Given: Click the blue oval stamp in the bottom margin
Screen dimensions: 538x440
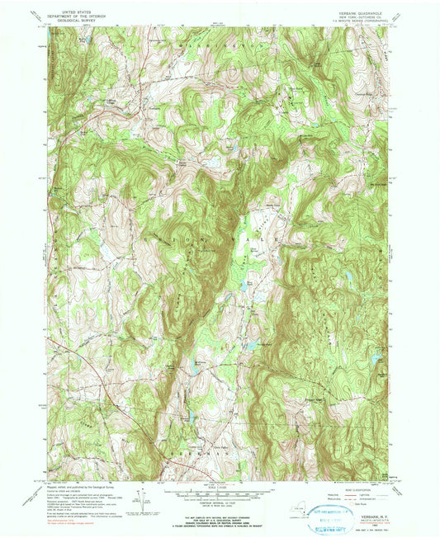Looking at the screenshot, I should coord(331,522).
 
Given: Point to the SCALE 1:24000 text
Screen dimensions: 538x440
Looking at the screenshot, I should coord(219,491).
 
